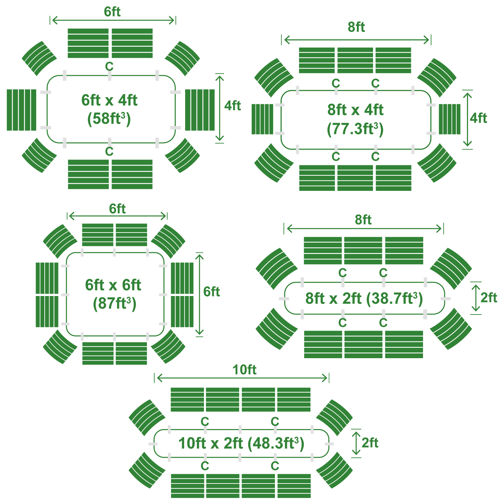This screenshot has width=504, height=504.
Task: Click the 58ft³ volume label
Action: click(109, 119)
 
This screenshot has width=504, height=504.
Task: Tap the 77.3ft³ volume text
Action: click(355, 129)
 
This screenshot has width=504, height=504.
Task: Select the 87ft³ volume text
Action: click(115, 303)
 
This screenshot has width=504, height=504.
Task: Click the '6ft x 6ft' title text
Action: click(113, 285)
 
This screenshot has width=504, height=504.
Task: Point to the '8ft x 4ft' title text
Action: click(355, 110)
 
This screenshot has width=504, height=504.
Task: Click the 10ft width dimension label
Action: click(244, 370)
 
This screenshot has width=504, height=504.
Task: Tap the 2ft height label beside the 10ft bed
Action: click(370, 443)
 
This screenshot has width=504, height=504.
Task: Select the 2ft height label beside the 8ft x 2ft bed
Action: click(489, 297)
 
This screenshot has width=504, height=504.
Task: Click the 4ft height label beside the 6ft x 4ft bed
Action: click(233, 106)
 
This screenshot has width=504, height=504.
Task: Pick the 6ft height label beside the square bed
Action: click(211, 292)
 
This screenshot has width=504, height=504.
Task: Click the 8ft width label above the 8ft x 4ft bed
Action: click(356, 27)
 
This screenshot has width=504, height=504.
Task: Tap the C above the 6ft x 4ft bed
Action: click(109, 67)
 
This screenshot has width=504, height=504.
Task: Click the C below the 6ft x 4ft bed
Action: click(109, 152)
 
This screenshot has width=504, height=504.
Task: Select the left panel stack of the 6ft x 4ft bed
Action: click(22, 110)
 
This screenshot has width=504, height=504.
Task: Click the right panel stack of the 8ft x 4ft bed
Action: click(450, 119)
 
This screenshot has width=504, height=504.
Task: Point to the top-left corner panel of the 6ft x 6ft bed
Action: click(60, 241)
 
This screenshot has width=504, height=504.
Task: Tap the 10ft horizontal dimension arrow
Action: click(242, 378)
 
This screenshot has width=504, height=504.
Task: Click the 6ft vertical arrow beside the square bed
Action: click(200, 294)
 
